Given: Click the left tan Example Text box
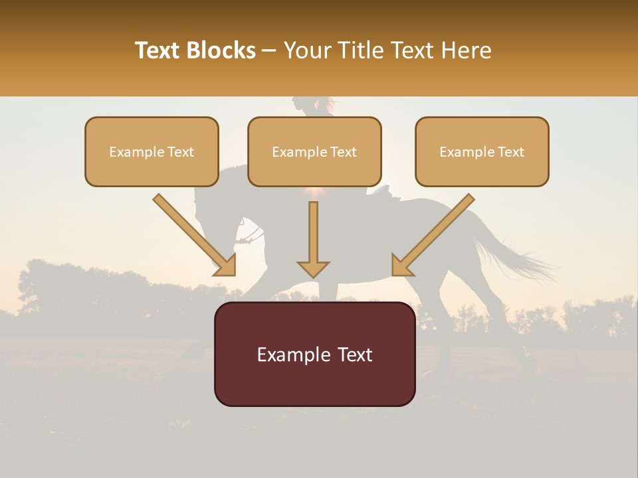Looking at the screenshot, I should (152, 152).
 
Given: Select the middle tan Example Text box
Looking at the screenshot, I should (314, 152).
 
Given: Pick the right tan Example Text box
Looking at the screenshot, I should (482, 152).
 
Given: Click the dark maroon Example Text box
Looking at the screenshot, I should (314, 354).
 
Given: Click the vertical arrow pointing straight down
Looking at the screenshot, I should (313, 240).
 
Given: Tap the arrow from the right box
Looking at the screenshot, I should (433, 235).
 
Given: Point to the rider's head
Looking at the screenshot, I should (303, 104).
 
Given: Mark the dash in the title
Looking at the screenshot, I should (269, 51).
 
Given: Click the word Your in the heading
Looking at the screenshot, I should (307, 50).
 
